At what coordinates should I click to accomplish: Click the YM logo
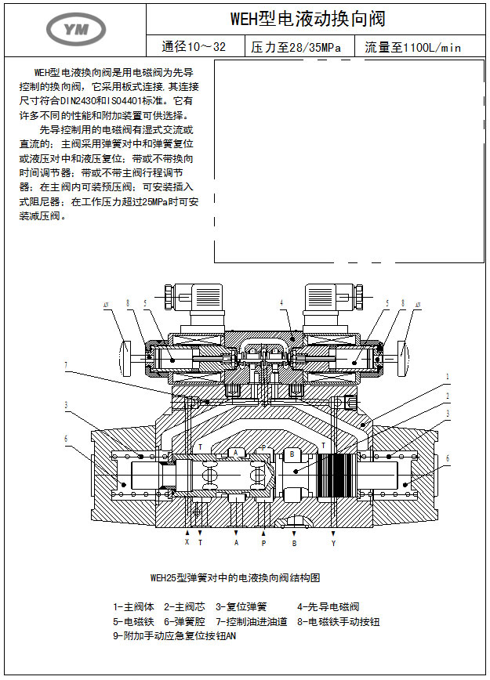tap(76, 29)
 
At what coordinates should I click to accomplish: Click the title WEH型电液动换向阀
tap(307, 19)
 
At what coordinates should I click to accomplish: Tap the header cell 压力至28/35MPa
tap(296, 47)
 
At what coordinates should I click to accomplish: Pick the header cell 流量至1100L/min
tap(413, 47)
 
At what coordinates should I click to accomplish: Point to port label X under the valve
tap(187, 541)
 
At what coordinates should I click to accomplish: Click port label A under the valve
tap(236, 541)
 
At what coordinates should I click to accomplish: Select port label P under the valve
tap(263, 541)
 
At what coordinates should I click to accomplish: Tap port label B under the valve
tap(294, 541)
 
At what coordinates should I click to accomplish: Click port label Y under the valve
tap(333, 541)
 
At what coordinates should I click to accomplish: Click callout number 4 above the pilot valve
tap(281, 302)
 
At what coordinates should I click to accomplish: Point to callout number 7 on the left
tap(66, 364)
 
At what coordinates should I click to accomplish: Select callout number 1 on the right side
tap(448, 377)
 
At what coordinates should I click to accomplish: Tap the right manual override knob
tap(403, 356)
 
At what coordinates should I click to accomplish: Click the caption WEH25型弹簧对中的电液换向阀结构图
tap(235, 578)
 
